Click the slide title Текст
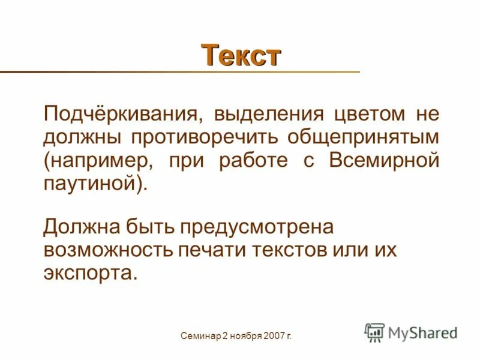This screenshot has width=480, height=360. coord(241,55)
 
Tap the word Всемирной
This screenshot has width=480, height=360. coord(384,160)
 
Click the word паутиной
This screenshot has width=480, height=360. coord(90,184)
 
